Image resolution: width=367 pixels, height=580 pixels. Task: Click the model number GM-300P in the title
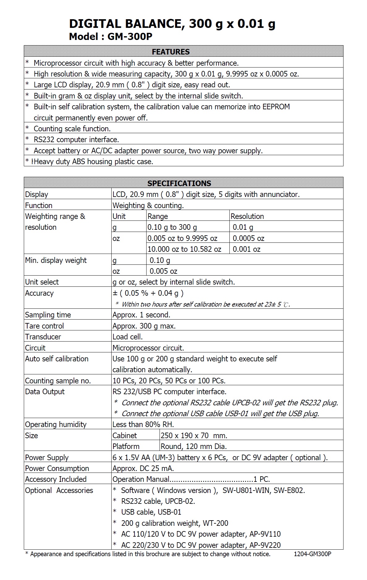click(x=130, y=37)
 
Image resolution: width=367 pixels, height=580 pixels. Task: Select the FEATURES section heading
click(x=171, y=52)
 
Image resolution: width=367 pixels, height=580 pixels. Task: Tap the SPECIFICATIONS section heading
click(x=179, y=183)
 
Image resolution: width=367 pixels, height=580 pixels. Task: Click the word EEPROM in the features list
click(x=276, y=107)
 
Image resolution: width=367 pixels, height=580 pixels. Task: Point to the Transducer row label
click(x=43, y=337)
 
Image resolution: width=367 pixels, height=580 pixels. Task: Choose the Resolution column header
click(x=247, y=216)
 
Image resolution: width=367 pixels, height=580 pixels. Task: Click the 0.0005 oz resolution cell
click(x=248, y=238)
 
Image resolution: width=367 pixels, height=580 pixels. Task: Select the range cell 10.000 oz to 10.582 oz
click(x=184, y=249)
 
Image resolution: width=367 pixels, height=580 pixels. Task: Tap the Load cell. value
click(x=127, y=337)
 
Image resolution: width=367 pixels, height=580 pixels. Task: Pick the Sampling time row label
click(x=48, y=315)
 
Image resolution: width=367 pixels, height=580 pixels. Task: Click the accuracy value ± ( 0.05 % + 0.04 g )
click(x=148, y=293)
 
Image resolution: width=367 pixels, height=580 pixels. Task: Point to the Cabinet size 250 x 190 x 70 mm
click(x=194, y=436)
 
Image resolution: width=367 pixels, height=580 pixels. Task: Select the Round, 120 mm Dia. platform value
click(x=194, y=447)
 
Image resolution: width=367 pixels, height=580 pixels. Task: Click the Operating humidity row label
click(x=56, y=425)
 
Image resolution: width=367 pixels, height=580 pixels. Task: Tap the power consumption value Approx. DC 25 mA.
click(x=143, y=469)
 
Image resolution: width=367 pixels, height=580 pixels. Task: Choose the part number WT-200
click(x=216, y=523)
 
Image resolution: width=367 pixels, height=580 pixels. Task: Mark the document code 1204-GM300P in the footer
click(x=312, y=554)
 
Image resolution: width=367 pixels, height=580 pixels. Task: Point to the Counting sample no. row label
click(x=58, y=381)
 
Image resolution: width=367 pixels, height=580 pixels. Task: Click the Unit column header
click(x=119, y=216)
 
